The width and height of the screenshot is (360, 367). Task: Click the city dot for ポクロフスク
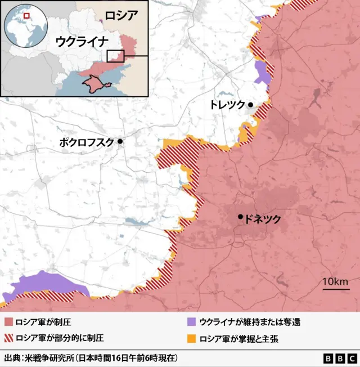pyautogui.click(x=120, y=142)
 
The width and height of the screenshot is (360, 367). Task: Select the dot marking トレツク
pyautogui.click(x=250, y=105)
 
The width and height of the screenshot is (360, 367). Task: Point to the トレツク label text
pyautogui.click(x=227, y=105)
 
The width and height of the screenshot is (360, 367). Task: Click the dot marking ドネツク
pyautogui.click(x=241, y=217)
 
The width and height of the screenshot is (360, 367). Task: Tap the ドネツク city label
pyautogui.click(x=263, y=220)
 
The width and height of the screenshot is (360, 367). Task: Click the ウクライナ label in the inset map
pyautogui.click(x=81, y=41)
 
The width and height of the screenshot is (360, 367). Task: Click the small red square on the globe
pyautogui.click(x=26, y=15)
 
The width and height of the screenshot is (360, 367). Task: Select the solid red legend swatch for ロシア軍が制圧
pyautogui.click(x=9, y=323)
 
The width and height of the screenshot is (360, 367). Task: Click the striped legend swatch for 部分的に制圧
pyautogui.click(x=9, y=338)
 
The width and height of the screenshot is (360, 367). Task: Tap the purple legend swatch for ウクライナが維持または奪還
pyautogui.click(x=191, y=323)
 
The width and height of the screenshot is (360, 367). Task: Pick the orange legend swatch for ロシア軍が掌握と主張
pyautogui.click(x=191, y=338)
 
